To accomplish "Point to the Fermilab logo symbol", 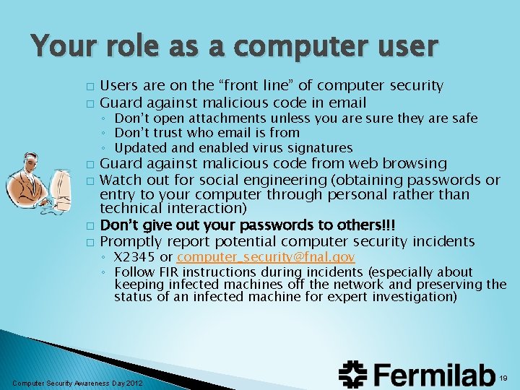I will point(355,374).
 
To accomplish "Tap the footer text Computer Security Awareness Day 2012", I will point(78,382).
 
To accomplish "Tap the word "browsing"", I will point(413,164).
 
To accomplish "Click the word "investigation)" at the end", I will point(415,296).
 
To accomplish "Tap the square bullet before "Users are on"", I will point(89,87).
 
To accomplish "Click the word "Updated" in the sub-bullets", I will point(139,147).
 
